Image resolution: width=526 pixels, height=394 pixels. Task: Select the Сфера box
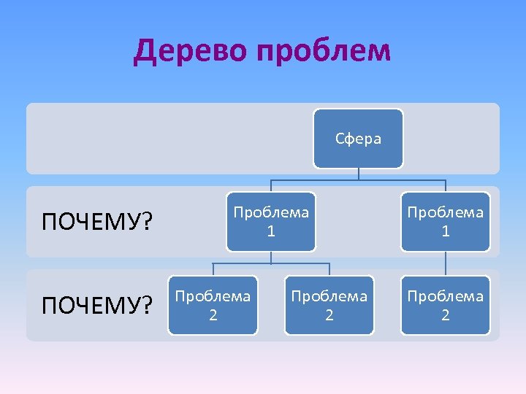358,138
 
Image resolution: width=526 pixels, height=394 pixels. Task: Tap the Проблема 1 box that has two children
270,221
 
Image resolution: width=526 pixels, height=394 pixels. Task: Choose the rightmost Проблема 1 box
445,221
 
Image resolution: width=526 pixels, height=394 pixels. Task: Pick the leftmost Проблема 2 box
213,305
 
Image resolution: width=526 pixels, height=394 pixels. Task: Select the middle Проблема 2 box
329,305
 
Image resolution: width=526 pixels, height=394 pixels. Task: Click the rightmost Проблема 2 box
445,305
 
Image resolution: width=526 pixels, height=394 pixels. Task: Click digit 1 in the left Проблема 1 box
271,231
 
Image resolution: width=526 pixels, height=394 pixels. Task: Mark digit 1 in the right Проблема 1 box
445,231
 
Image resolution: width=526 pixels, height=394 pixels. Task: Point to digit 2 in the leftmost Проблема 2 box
213,315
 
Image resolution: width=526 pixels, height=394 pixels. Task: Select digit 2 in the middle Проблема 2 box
329,315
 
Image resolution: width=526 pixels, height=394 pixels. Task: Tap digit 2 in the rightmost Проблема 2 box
445,315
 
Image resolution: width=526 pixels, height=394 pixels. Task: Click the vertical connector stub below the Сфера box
358,173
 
